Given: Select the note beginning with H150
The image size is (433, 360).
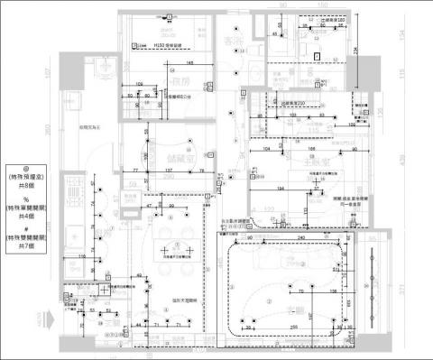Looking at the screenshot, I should [x=168, y=43].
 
